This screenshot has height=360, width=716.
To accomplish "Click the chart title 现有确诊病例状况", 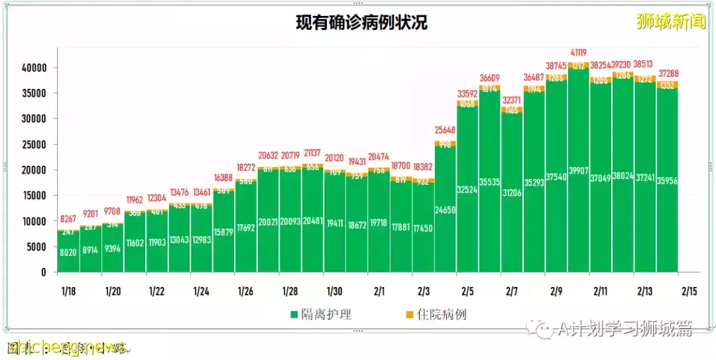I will coord(361,23).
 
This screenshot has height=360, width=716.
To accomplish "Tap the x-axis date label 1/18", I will coord(68,292).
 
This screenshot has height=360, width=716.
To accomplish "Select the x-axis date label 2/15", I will coord(689,292).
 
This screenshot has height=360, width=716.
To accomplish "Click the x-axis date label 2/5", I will coord(467,292).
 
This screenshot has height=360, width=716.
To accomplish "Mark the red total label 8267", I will coord(68,218).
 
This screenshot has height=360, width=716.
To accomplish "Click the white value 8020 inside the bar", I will coord(68,252).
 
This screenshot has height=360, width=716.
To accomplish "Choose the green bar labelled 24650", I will coord(446,219).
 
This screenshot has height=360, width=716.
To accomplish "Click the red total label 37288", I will coord(668,73).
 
